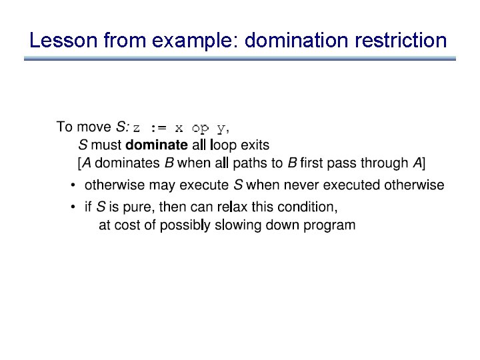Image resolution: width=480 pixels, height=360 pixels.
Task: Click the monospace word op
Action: click(x=200, y=127)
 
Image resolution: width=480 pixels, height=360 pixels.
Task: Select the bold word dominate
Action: click(x=157, y=145)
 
